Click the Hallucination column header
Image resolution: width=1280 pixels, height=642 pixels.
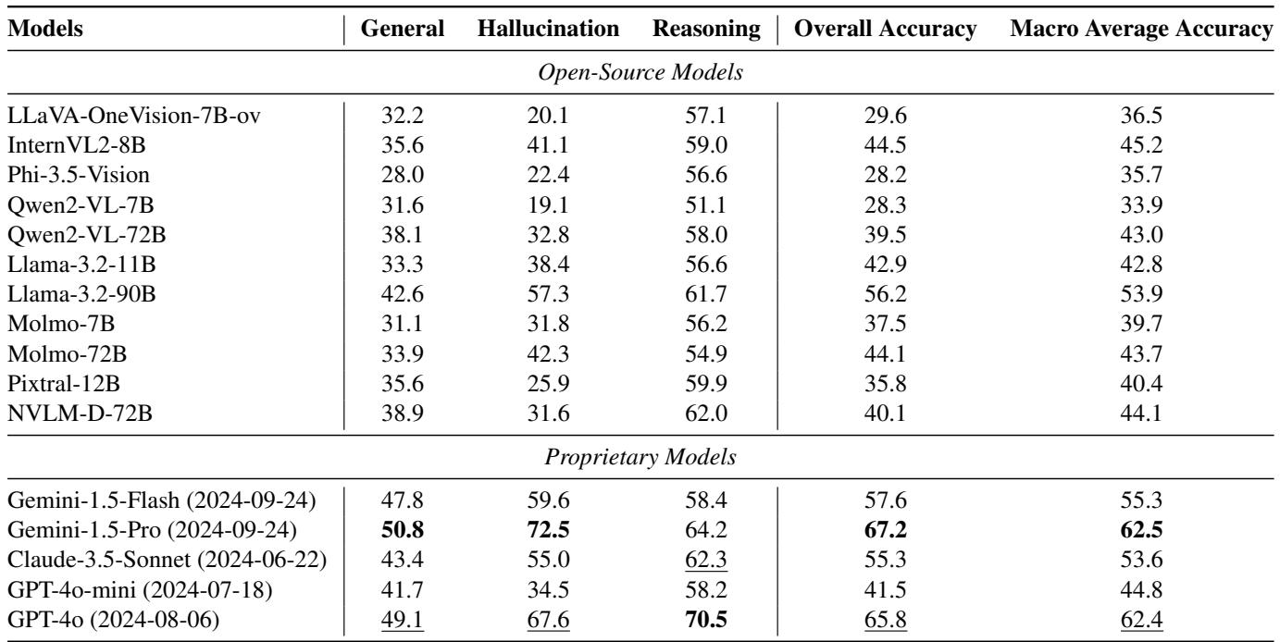pyautogui.click(x=549, y=29)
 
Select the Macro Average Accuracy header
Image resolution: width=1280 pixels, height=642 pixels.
pyautogui.click(x=1143, y=29)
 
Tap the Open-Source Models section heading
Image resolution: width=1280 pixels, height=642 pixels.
pyautogui.click(x=640, y=73)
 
